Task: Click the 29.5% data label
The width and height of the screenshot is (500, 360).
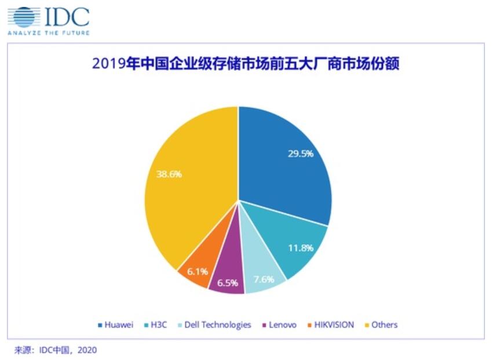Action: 300,154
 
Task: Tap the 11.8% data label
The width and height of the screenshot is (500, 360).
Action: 300,248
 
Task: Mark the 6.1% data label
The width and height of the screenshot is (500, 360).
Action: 190,271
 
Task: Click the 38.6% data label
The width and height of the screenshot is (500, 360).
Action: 169,173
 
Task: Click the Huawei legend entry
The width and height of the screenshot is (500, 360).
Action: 116,325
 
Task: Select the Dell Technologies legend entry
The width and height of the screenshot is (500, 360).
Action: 214,325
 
